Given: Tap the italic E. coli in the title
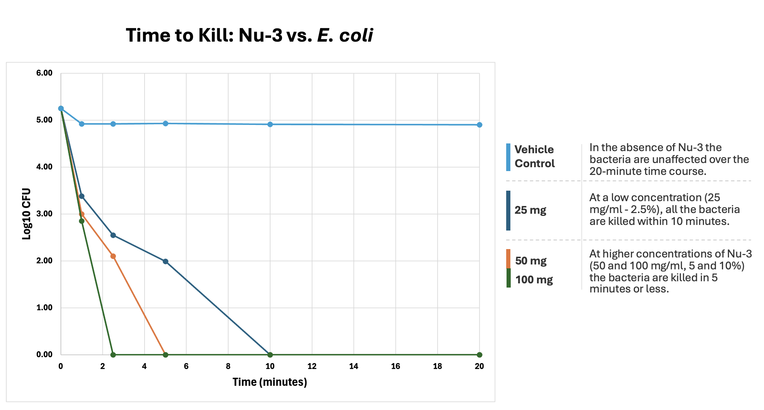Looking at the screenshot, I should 345,35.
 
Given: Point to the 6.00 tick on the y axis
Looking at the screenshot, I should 44,73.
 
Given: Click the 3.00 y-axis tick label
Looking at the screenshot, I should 44,214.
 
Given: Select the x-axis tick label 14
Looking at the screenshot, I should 353,366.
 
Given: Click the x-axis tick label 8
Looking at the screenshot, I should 228,366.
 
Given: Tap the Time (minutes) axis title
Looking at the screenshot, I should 270,382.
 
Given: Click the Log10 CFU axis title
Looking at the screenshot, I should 27,214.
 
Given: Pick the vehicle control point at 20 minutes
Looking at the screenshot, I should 479,125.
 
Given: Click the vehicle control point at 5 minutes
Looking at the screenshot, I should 165,123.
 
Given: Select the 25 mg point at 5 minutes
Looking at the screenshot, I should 165,261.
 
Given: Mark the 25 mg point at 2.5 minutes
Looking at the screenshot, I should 113,235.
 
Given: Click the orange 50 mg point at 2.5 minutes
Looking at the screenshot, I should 113,256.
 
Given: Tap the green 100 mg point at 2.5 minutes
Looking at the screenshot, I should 113,355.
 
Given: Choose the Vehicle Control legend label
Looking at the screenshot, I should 534,156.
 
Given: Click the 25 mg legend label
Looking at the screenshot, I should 530,210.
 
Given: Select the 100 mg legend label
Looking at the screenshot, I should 534,280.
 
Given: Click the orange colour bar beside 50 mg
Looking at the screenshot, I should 508,259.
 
